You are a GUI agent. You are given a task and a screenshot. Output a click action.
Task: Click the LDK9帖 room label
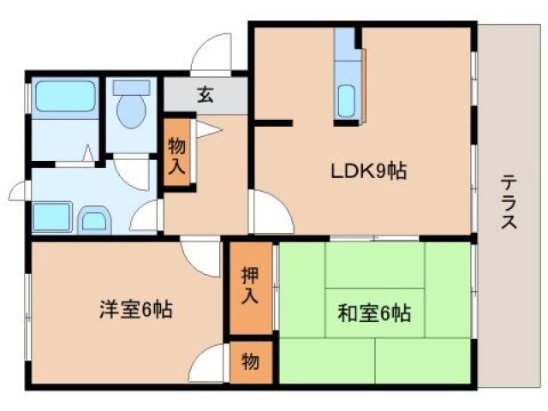tap(368, 170)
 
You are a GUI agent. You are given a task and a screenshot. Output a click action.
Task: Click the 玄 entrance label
tap(205, 95)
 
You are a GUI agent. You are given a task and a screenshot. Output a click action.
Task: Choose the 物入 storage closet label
tap(177, 155)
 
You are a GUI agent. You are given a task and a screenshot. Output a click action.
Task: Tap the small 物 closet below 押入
tap(249, 361)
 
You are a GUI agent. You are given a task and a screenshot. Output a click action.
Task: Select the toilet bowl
tap(131, 113)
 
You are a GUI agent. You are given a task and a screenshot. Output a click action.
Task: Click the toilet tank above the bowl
tap(131, 88)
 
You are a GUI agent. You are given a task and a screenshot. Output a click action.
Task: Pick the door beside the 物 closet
tap(209, 366)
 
